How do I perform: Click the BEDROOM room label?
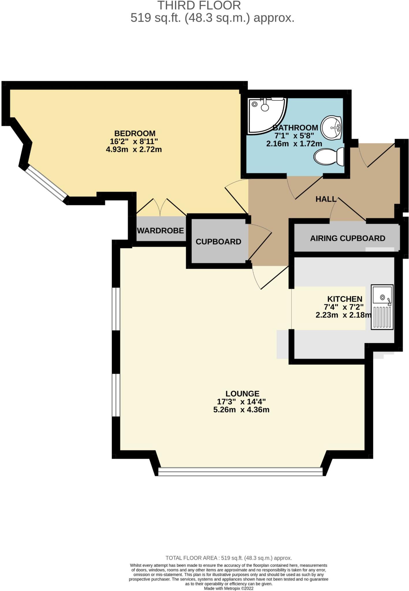(x=135, y=133)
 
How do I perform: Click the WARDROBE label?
(x=160, y=231)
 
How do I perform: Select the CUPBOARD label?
(x=218, y=242)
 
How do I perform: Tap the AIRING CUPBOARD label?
(x=347, y=238)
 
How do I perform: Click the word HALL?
(x=326, y=199)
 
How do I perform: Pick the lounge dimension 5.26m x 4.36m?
(x=241, y=410)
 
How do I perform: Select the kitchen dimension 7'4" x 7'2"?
(x=343, y=307)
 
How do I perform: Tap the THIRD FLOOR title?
(x=199, y=6)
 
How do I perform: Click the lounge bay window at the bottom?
(x=240, y=472)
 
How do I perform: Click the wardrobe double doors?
(x=160, y=207)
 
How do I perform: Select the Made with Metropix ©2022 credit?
(x=228, y=588)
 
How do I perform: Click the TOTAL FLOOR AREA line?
(x=228, y=558)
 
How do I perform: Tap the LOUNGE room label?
(x=242, y=394)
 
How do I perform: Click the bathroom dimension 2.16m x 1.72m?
(x=294, y=143)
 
